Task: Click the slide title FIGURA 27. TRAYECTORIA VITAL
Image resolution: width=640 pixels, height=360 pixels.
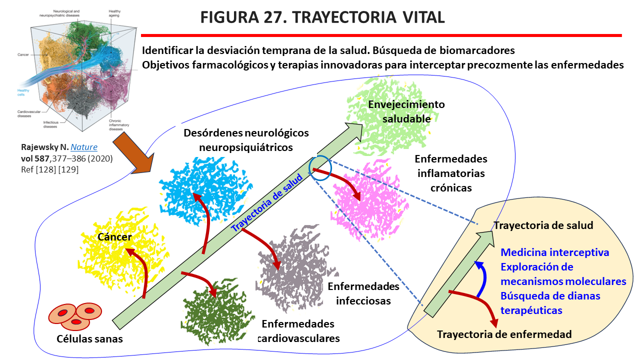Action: click(x=322, y=17)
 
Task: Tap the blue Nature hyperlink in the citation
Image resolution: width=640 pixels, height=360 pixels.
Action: click(x=83, y=147)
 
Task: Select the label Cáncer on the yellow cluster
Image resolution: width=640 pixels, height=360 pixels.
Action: click(x=115, y=237)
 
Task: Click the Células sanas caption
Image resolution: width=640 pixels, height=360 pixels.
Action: click(x=89, y=338)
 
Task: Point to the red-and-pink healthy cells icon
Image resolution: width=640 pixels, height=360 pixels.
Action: click(x=75, y=316)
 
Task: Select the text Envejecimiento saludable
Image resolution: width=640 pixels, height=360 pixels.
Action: click(x=406, y=111)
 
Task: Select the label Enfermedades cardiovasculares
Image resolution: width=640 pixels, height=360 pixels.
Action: click(x=298, y=330)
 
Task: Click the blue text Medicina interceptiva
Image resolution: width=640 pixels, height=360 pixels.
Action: click(x=555, y=252)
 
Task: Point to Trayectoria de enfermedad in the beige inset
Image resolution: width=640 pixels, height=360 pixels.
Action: click(x=504, y=334)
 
